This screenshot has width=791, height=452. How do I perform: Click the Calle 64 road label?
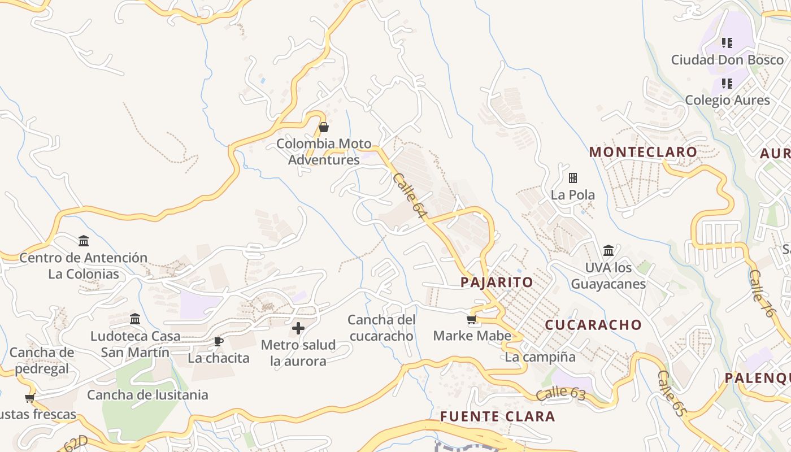coord(408,195)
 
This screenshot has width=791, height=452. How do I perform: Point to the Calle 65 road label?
coord(671,393)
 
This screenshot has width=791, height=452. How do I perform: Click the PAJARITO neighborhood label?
coord(497,282)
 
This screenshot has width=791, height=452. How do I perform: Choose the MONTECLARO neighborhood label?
coord(643,152)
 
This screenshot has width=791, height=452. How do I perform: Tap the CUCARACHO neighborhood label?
coord(593,324)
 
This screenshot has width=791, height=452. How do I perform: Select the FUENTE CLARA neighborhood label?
coord(497,416)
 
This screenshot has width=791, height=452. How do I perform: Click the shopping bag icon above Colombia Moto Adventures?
coord(324,127)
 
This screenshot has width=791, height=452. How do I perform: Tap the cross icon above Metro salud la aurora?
coord(298,328)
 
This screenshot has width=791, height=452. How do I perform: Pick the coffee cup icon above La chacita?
coord(218,341)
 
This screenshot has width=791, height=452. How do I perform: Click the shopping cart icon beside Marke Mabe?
coord(472,320)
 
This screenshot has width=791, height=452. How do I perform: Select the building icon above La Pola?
coord(573,178)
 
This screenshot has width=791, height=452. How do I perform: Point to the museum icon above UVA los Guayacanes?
coord(609,250)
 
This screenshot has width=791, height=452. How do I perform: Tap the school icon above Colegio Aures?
coord(727,84)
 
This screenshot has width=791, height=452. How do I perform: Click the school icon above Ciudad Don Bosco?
coord(727,42)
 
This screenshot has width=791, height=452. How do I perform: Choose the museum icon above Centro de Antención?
coord(84,241)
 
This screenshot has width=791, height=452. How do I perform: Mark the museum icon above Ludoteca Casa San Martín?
coord(135,319)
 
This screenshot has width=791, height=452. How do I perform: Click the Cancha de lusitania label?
coord(147,394)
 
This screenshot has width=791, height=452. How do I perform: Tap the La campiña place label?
coord(540,357)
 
